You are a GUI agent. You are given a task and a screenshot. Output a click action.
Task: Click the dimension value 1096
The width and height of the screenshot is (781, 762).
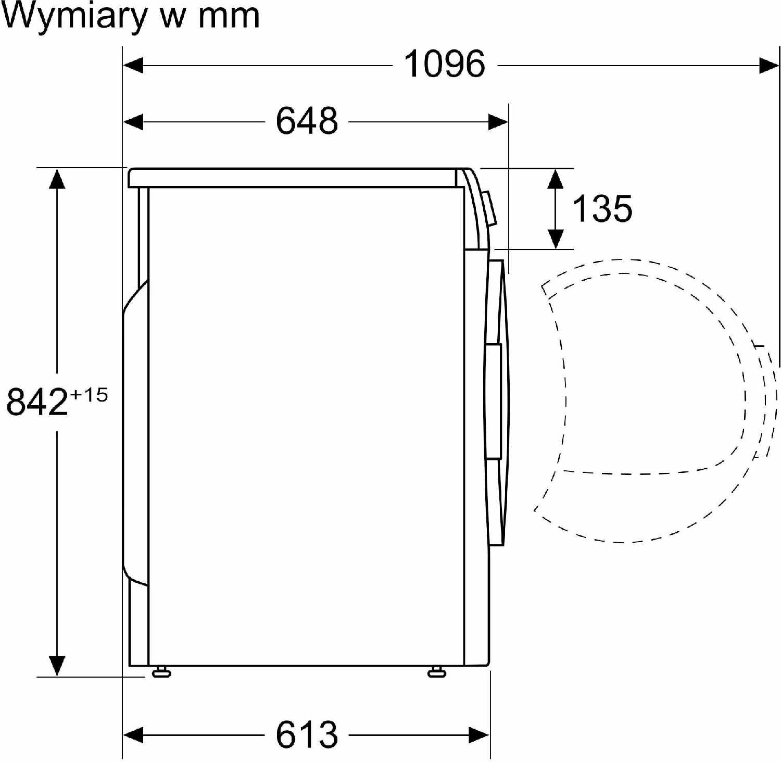click(x=445, y=64)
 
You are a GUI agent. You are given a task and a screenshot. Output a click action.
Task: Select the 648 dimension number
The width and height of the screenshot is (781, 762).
click(x=307, y=121)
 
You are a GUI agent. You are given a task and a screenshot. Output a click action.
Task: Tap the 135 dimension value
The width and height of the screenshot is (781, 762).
click(x=602, y=208)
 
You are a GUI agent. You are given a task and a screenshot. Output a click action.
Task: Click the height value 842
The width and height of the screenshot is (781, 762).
click(x=37, y=401)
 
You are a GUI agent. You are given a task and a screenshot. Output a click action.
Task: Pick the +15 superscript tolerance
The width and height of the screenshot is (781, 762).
click(x=89, y=395)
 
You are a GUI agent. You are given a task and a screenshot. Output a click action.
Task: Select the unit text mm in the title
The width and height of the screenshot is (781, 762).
click(x=229, y=17)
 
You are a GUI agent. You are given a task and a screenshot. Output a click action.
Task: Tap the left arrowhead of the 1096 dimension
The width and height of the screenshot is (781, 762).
click(x=133, y=66)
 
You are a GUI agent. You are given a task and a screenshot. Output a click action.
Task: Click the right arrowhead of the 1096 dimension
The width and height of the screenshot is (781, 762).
click(x=770, y=66)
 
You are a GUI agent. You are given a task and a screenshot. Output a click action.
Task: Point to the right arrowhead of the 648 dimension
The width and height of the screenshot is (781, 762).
click(x=498, y=122)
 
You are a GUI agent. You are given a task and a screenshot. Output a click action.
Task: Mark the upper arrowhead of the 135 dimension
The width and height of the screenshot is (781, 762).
click(x=556, y=179)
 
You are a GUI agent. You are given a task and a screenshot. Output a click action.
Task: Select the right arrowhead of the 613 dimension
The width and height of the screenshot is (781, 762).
click(x=479, y=735)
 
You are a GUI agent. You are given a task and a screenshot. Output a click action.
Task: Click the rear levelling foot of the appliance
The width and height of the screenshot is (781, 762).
click(x=161, y=671)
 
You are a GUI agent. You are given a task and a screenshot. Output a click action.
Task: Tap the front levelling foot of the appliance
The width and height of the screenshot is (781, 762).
click(x=436, y=671)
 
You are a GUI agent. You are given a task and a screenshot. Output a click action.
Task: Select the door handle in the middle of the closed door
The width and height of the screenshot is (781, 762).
click(x=493, y=401)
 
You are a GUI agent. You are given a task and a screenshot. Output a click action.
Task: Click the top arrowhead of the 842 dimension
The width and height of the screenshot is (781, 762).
click(x=57, y=179)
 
